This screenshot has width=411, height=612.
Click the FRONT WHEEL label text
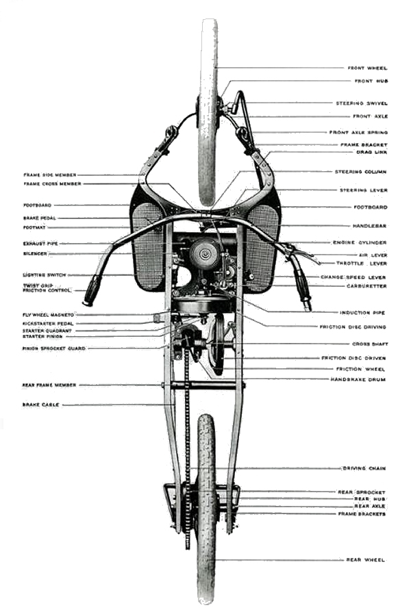tap(367, 68)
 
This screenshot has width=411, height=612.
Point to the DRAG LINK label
tap(374, 152)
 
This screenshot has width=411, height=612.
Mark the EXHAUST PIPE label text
tap(38, 243)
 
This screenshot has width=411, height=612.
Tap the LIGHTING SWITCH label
tap(42, 275)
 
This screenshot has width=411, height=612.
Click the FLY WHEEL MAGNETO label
tap(45, 315)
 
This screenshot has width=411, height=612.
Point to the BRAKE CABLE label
tap(40, 405)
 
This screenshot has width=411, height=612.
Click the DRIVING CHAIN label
tap(363, 468)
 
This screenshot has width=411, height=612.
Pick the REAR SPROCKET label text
tap(361, 492)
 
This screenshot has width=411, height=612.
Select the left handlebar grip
tap(92, 292)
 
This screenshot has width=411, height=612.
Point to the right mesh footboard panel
tap(262, 246)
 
